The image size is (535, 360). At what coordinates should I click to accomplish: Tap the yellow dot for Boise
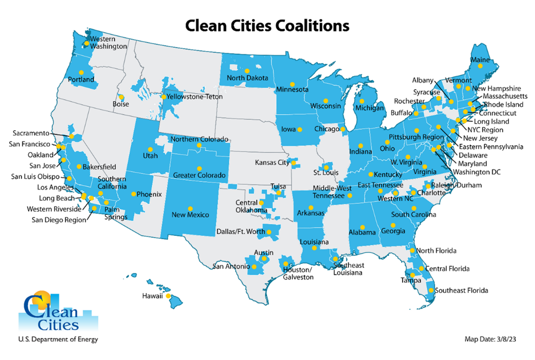[121, 97]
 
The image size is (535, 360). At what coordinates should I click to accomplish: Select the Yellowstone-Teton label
[193, 97]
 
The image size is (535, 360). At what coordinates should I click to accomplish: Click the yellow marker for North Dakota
[247, 71]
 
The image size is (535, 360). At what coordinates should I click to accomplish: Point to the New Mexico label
[190, 215]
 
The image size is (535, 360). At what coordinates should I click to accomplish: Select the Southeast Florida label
[461, 291]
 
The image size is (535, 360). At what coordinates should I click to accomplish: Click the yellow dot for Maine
[480, 66]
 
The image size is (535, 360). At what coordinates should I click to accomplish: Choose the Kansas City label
[272, 163]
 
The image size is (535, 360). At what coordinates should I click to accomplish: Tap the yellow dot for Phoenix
[134, 194]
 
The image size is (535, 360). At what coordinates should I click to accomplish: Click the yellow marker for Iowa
[300, 129]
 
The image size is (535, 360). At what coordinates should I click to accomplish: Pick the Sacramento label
[31, 133]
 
